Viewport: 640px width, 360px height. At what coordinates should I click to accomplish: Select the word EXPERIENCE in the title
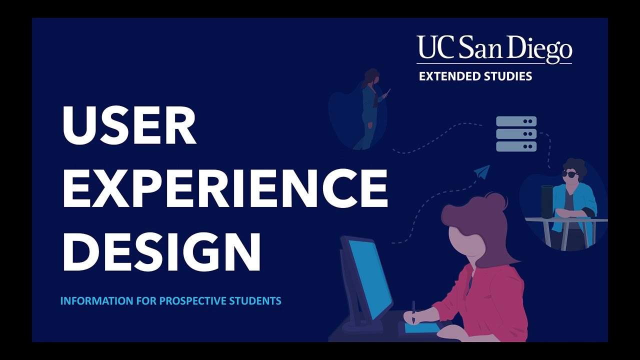[225, 188]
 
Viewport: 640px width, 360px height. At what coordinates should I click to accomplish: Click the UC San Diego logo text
[494, 49]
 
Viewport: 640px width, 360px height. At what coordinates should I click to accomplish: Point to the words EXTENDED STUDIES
[475, 76]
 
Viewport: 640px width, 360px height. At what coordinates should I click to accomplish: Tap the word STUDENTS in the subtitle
[255, 301]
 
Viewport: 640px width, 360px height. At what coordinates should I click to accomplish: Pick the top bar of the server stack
[516, 121]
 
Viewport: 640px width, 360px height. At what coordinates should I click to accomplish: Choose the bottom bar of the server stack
[516, 146]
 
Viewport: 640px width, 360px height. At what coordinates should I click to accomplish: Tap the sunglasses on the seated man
[570, 174]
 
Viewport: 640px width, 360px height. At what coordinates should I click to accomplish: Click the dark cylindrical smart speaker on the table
[547, 201]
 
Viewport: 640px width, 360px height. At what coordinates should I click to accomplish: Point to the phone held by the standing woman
[387, 93]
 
